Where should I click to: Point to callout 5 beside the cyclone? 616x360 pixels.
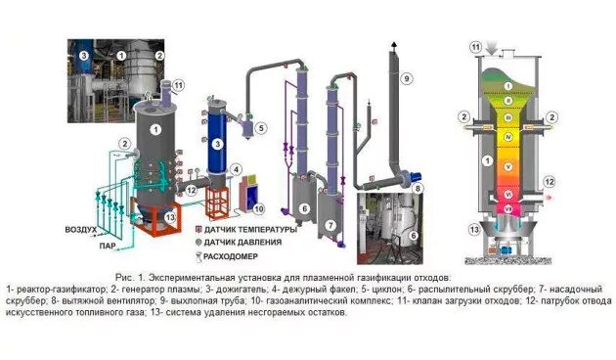[261, 127]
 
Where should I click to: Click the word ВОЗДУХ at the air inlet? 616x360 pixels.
[79, 231]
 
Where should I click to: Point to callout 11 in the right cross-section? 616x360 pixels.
[476, 46]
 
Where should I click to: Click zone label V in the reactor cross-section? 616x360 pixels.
[507, 171]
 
